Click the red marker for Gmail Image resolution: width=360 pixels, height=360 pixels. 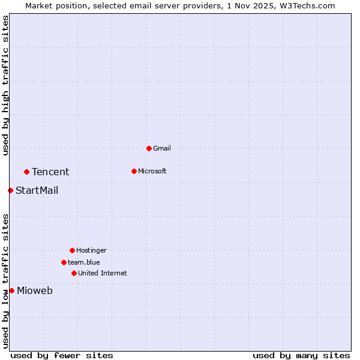[x=149, y=148]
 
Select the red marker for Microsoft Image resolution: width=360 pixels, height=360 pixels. [x=134, y=171]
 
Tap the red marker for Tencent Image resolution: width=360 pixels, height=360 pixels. [x=26, y=172]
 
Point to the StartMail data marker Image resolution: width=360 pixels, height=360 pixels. [x=10, y=190]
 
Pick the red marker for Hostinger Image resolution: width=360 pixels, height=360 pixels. [x=72, y=250]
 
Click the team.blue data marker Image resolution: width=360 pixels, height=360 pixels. [x=64, y=262]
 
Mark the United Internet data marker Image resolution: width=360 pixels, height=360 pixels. [x=74, y=273]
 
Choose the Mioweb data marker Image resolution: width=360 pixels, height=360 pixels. [x=11, y=290]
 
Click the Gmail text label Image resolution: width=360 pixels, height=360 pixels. [x=162, y=148]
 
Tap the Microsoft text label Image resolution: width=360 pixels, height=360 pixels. [x=152, y=171]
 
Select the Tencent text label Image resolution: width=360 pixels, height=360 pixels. [x=50, y=172]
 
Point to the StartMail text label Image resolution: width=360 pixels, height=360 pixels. [x=37, y=191]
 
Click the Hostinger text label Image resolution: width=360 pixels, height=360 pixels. [x=91, y=250]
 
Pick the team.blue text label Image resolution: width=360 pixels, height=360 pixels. [x=84, y=262]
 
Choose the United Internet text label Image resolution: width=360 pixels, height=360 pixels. [x=103, y=273]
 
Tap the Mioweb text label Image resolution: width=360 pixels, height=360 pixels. [x=35, y=291]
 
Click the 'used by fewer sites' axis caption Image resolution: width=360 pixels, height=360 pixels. [x=62, y=355]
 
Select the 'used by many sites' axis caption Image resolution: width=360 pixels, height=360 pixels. [x=301, y=355]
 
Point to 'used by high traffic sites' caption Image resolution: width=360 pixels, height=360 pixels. [x=5, y=86]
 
